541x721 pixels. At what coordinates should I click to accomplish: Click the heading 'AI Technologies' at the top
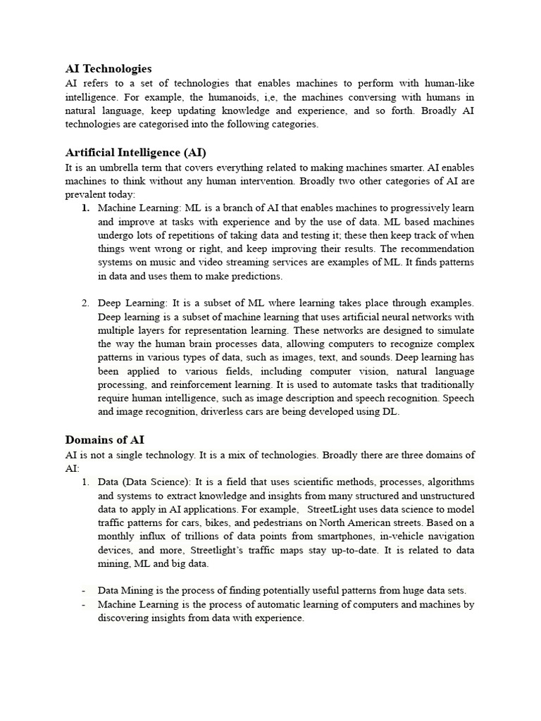[x=108, y=69]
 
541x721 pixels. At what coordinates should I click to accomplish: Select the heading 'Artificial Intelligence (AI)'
[x=135, y=152]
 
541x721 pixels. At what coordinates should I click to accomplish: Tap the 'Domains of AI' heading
[x=105, y=440]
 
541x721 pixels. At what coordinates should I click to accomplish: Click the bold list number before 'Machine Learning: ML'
[x=85, y=208]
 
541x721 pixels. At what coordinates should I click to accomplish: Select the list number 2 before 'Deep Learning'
[x=85, y=303]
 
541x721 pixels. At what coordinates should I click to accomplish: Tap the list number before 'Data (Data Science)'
[x=85, y=482]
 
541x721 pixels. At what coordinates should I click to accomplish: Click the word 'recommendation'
[x=437, y=249]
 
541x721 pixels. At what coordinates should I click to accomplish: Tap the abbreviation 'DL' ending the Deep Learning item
[x=390, y=412]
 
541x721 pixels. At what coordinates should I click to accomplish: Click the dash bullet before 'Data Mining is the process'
[x=84, y=591]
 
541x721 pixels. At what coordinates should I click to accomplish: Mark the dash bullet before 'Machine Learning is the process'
[x=84, y=605]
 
